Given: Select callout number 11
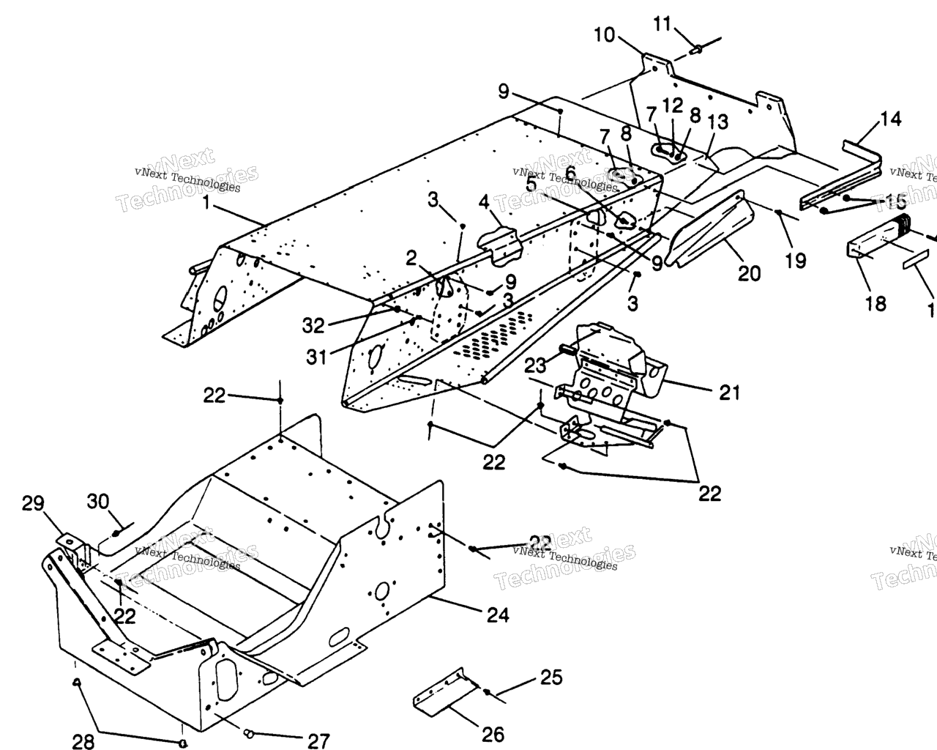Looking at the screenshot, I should tap(662, 24).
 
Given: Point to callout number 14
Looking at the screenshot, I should tap(891, 119).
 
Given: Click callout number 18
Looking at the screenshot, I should tap(876, 302).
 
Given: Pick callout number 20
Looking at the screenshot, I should tap(749, 273).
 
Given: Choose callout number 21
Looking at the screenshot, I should tap(729, 393).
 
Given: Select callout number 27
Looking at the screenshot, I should tap(318, 740).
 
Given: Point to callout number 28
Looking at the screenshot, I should tap(84, 740).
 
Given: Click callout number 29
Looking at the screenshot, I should tap(33, 503).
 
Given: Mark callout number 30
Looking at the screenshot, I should tap(98, 502).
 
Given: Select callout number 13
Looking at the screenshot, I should tap(719, 122).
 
